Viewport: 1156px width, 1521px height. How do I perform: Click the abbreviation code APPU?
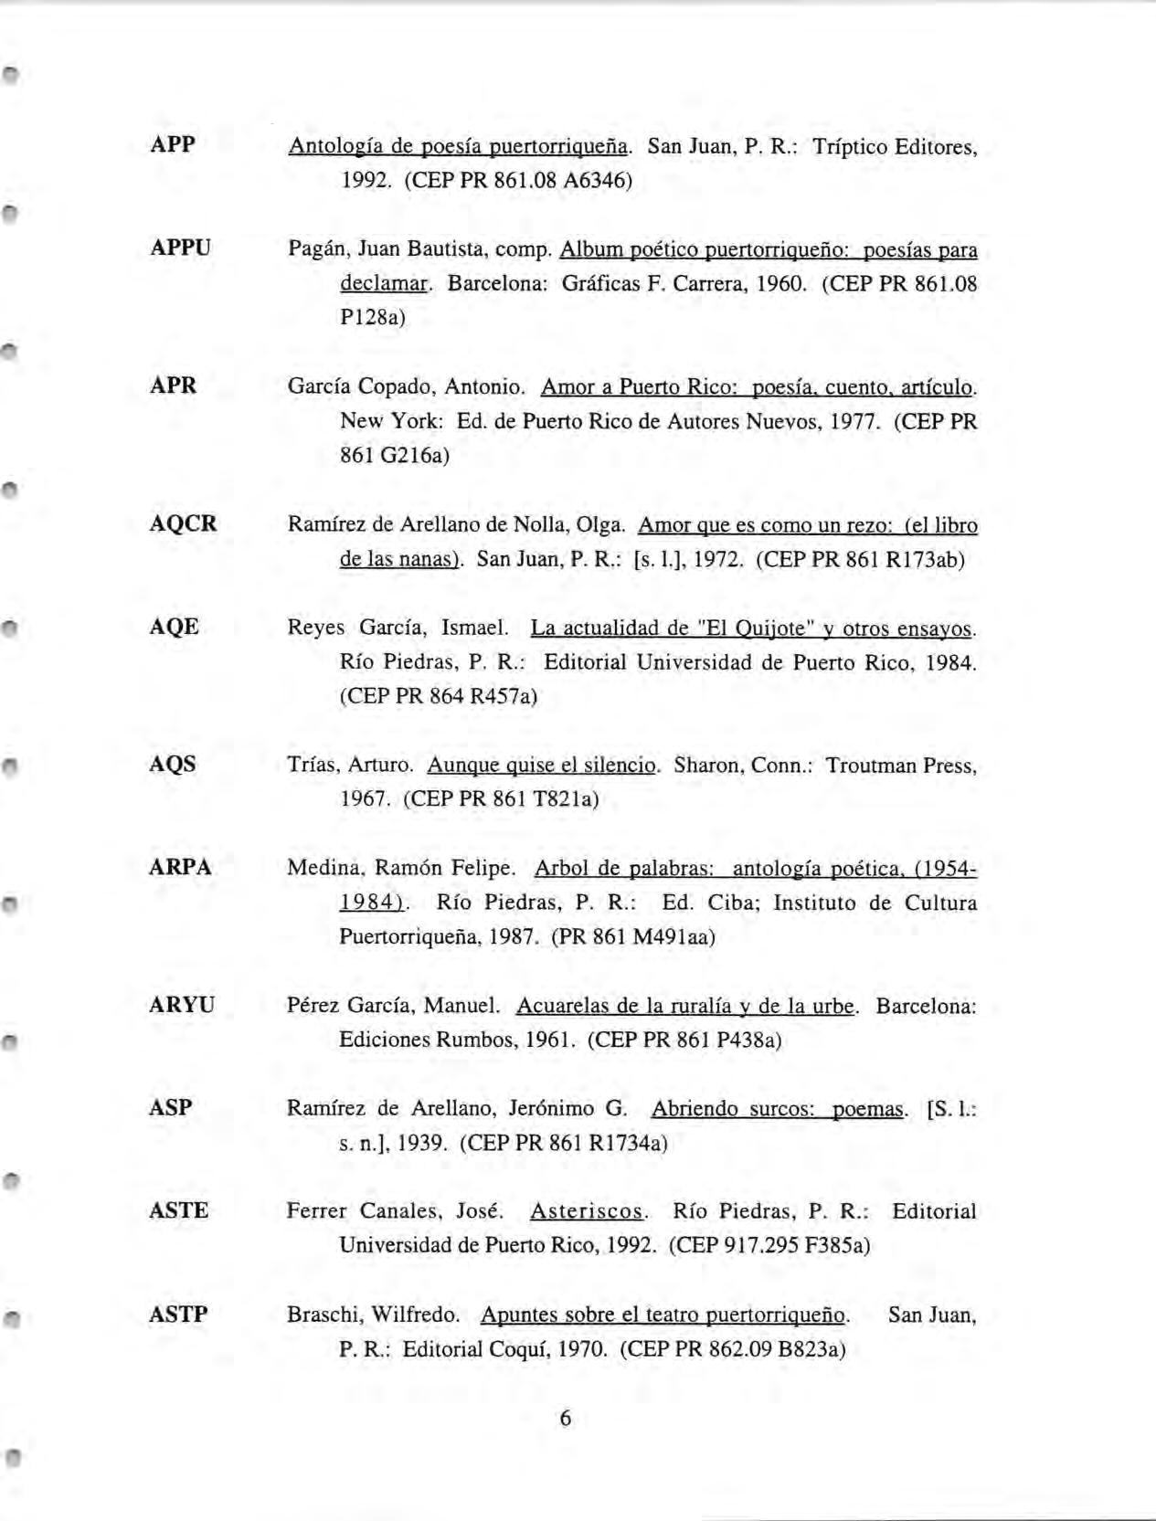coord(180,248)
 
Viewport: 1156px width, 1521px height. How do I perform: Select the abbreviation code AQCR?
coord(183,523)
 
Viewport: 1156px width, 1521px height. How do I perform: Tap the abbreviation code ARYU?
coord(181,1005)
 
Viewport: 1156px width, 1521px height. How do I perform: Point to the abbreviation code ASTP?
coord(178,1314)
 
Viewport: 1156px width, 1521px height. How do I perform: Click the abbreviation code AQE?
coord(174,627)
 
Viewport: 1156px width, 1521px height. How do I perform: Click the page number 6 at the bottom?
coord(565,1418)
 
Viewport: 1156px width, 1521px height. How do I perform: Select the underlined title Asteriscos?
coord(588,1211)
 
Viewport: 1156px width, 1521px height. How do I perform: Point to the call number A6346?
coord(597,180)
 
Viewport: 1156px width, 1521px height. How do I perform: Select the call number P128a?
coord(372,317)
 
